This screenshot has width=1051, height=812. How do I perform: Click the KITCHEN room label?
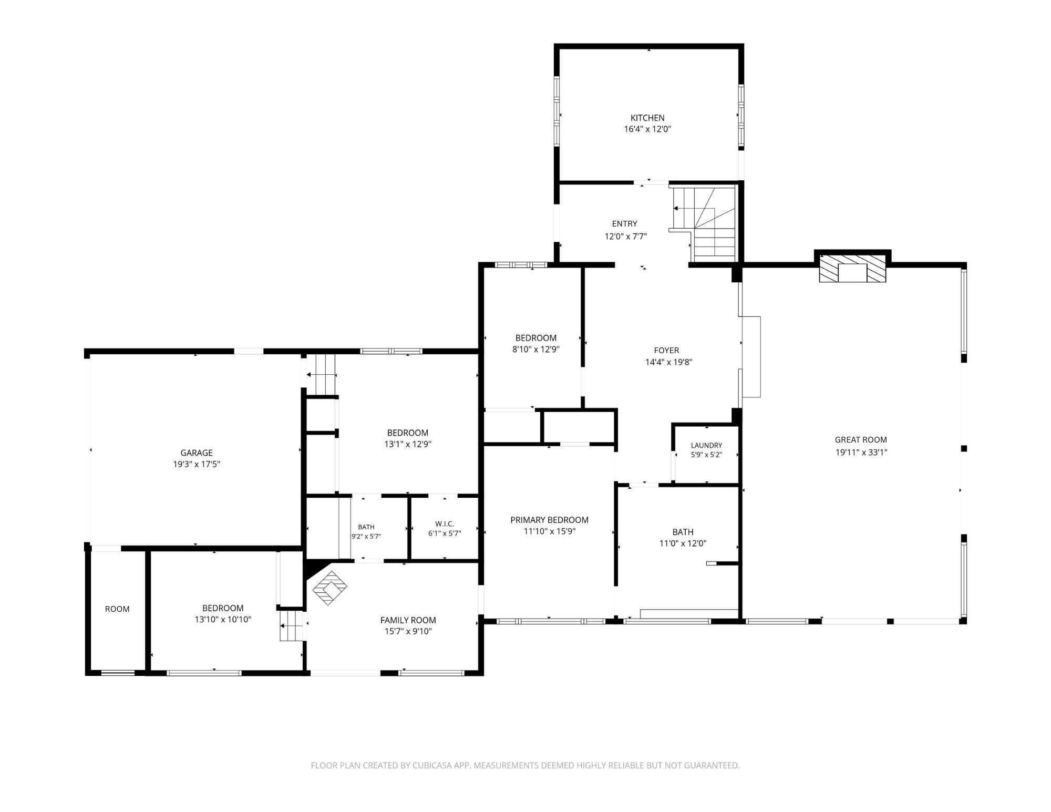(x=647, y=118)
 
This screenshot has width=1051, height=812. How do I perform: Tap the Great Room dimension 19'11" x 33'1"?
(x=861, y=452)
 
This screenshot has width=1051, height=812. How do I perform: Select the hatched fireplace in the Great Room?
(x=852, y=269)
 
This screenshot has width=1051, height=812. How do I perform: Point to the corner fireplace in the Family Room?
(x=330, y=588)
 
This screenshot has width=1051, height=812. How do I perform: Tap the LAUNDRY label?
(x=706, y=445)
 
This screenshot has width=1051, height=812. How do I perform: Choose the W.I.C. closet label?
(x=445, y=523)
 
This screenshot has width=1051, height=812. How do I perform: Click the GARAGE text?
(x=197, y=453)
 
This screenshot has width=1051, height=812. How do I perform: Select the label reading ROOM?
(x=117, y=609)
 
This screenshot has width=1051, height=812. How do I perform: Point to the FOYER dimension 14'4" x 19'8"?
(x=668, y=362)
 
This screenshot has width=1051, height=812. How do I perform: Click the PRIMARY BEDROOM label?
(x=549, y=520)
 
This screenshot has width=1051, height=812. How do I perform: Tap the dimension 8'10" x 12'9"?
(x=535, y=349)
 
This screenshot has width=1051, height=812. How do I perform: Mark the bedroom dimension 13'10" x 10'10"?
(x=223, y=619)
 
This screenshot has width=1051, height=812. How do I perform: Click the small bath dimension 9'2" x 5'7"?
(x=366, y=537)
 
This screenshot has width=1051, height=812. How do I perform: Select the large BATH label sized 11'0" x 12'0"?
(x=683, y=532)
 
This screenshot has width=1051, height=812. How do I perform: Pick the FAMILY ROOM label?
(x=408, y=620)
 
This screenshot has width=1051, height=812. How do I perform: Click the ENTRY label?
(x=625, y=224)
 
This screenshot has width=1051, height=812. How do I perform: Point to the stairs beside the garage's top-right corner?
(x=321, y=374)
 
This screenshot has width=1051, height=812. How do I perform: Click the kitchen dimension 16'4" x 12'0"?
(x=647, y=129)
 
